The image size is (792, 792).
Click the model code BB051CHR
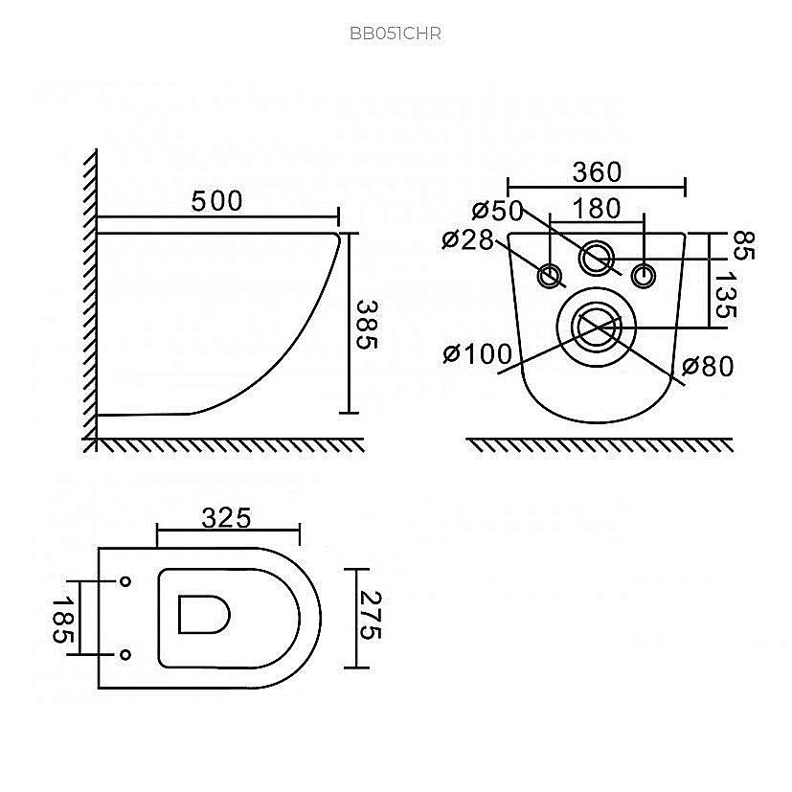pos(396,34)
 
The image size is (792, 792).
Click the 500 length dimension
pos(216,201)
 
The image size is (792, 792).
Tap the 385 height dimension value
pos(367,325)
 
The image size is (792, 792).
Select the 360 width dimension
pos(597,172)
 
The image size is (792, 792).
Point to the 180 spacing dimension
pos(597,209)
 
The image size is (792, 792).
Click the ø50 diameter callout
pos(498,210)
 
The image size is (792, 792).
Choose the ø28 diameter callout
pos(467,240)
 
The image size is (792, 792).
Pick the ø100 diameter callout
pos(477,353)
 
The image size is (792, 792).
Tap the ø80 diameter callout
pos(708,366)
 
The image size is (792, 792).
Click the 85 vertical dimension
pos(742,245)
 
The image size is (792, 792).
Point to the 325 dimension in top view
pos(226,518)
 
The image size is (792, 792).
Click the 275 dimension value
pos(370,616)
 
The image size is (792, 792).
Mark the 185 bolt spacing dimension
pos(63,621)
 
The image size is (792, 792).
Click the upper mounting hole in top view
pos(125,581)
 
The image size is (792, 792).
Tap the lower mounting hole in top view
pos(125,655)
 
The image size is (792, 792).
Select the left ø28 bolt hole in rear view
pos(550,276)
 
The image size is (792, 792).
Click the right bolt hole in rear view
pos(644,276)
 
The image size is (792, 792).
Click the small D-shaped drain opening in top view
pos(204,614)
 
